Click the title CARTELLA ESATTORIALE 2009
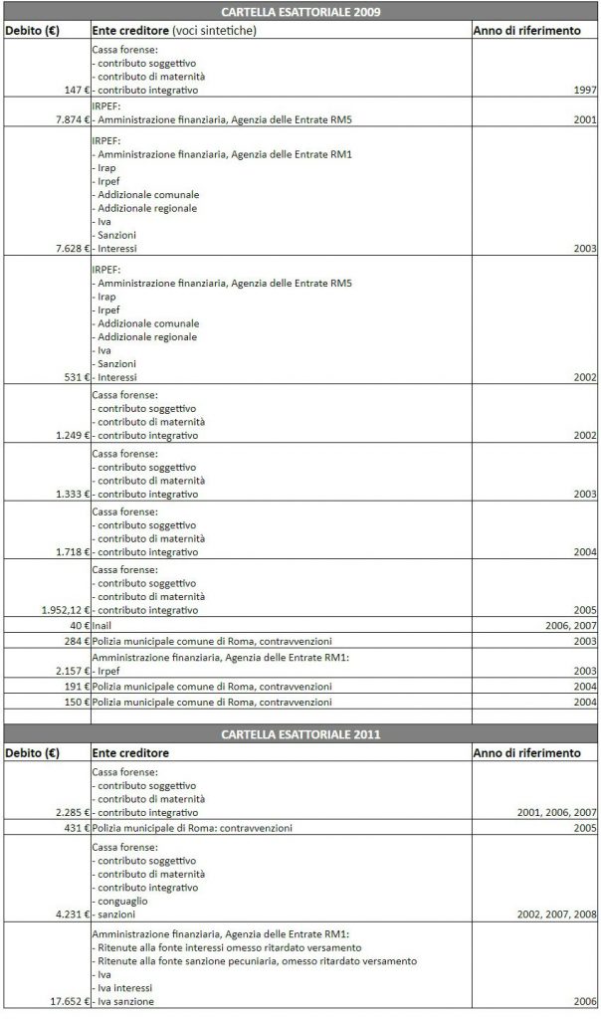[301, 13]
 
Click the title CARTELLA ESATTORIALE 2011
[301, 734]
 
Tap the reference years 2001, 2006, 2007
[557, 813]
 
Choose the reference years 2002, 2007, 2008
[557, 914]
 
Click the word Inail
[101, 625]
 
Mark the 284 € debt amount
[72, 641]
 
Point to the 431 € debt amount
[72, 828]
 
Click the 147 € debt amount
[73, 90]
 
